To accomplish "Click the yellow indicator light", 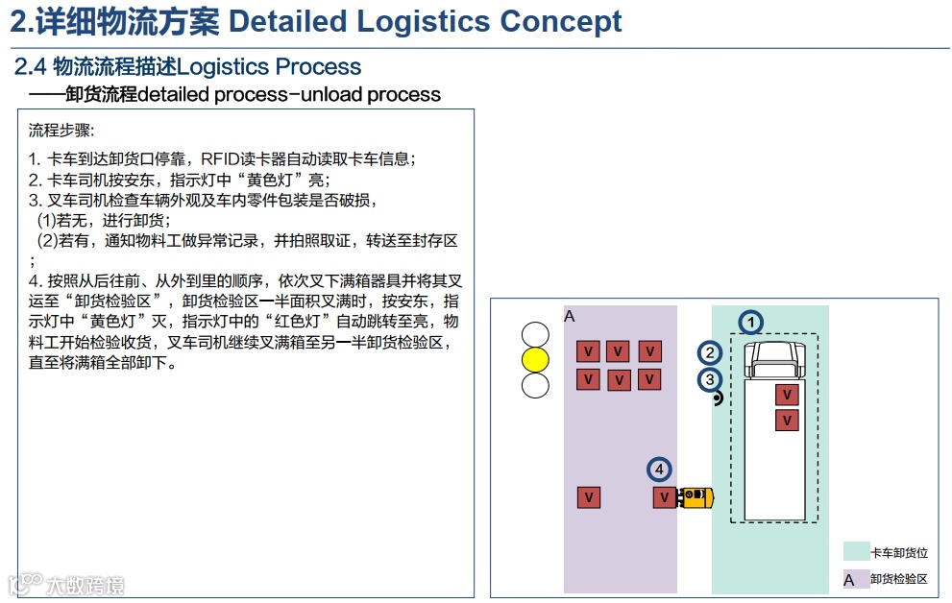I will click(x=535, y=360).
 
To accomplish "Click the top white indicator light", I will click(x=535, y=335).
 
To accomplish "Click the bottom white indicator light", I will click(x=535, y=385).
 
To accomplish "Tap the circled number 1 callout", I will click(x=751, y=323).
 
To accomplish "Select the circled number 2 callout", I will click(x=710, y=353).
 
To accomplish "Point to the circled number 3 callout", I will click(x=710, y=379).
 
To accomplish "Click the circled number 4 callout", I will click(x=658, y=470).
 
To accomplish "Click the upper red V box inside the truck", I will click(x=788, y=395).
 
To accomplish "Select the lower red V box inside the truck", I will click(x=788, y=420).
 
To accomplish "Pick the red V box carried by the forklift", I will click(x=664, y=497).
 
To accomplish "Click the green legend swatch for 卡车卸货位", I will click(x=856, y=551).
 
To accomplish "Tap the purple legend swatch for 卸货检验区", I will click(x=856, y=579).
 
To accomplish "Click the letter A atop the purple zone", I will click(x=569, y=316).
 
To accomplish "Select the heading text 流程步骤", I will click(x=61, y=130).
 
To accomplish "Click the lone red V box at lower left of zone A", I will click(x=589, y=497).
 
